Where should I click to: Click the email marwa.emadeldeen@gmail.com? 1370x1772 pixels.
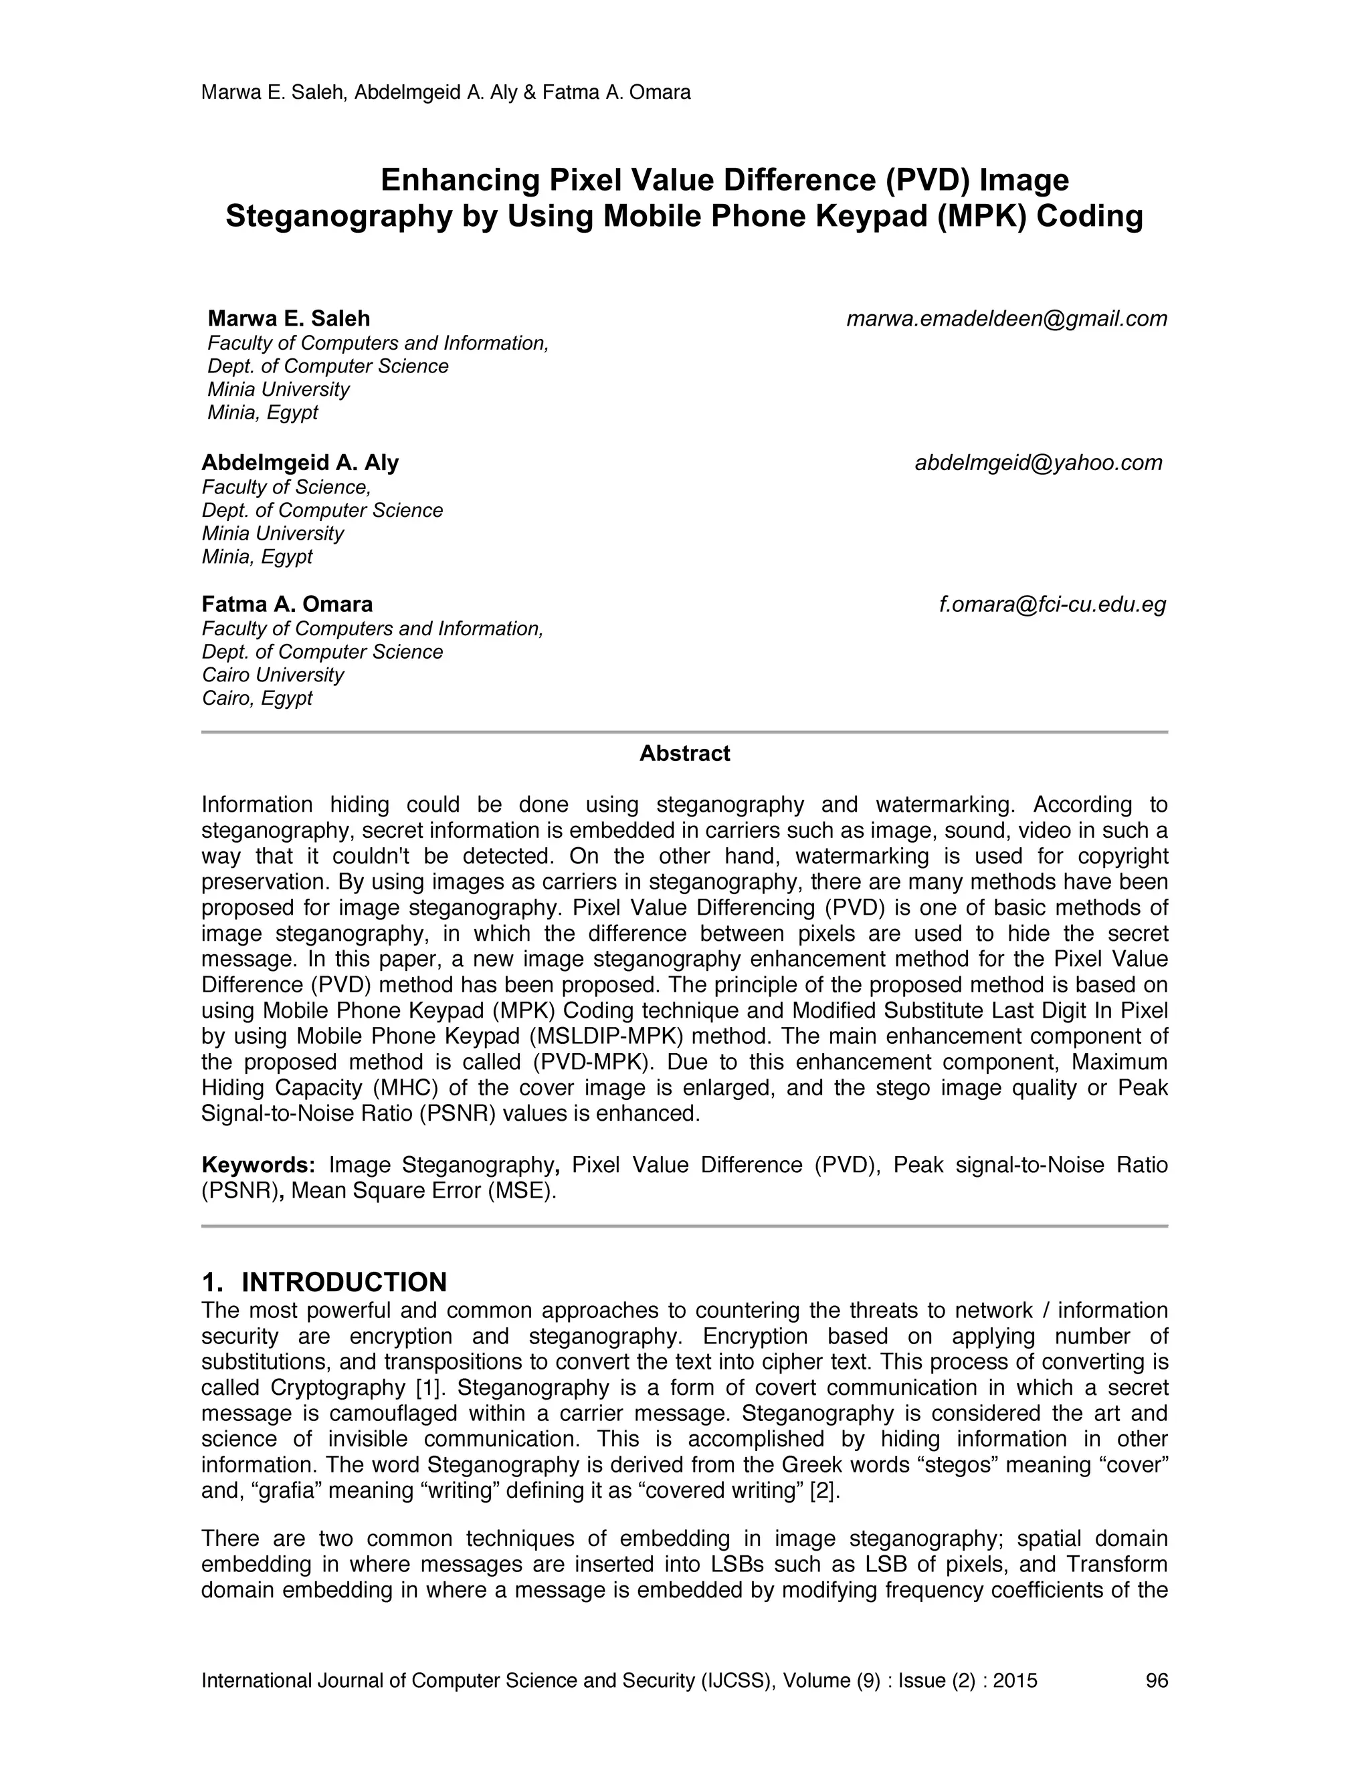click(x=1006, y=319)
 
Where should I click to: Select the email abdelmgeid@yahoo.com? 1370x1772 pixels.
click(x=1038, y=463)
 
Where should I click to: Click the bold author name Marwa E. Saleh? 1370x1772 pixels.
click(x=289, y=318)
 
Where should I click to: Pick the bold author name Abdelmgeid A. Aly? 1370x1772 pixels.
click(x=300, y=463)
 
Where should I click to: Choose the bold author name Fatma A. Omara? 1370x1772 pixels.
click(x=287, y=604)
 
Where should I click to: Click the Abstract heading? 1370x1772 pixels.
click(x=684, y=754)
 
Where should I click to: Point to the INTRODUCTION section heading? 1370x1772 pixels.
click(x=344, y=1282)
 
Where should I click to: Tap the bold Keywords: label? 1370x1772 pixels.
click(x=258, y=1165)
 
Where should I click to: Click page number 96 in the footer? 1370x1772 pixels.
click(x=1157, y=1680)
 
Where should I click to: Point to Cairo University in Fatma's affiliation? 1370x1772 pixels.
click(x=273, y=675)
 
